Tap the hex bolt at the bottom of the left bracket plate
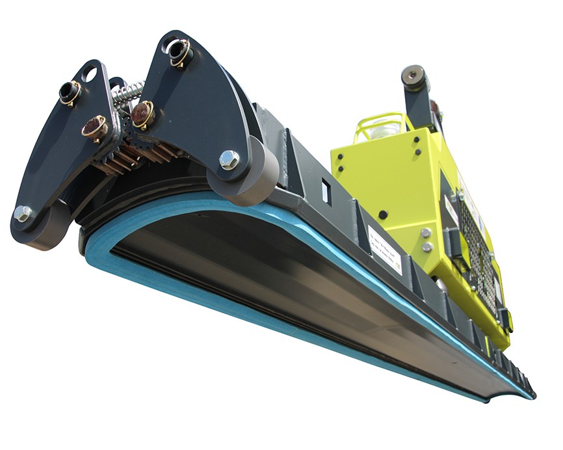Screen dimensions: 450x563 pyautogui.click(x=22, y=212)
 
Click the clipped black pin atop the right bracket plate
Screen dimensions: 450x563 pyautogui.click(x=179, y=50)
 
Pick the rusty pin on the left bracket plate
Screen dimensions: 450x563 pyautogui.click(x=95, y=127)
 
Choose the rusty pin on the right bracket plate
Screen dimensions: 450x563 pyautogui.click(x=142, y=113)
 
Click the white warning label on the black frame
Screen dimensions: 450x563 pyautogui.click(x=384, y=248)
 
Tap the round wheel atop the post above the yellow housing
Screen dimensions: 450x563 pyautogui.click(x=414, y=77)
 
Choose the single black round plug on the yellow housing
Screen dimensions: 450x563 pyautogui.click(x=384, y=214)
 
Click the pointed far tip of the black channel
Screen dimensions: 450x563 pyautogui.click(x=532, y=395)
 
